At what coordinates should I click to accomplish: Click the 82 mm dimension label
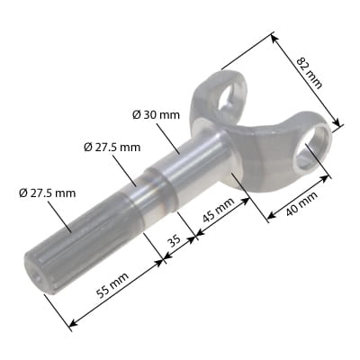click(x=309, y=73)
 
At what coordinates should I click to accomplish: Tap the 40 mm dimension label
click(x=301, y=203)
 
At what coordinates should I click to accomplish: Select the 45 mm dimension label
click(x=219, y=210)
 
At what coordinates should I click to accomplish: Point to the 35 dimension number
click(x=175, y=240)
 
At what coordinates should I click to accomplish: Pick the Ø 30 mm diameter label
click(x=156, y=114)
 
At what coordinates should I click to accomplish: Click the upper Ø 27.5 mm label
click(x=112, y=148)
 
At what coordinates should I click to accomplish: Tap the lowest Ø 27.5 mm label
click(x=47, y=193)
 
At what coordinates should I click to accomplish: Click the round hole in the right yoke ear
click(x=312, y=147)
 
